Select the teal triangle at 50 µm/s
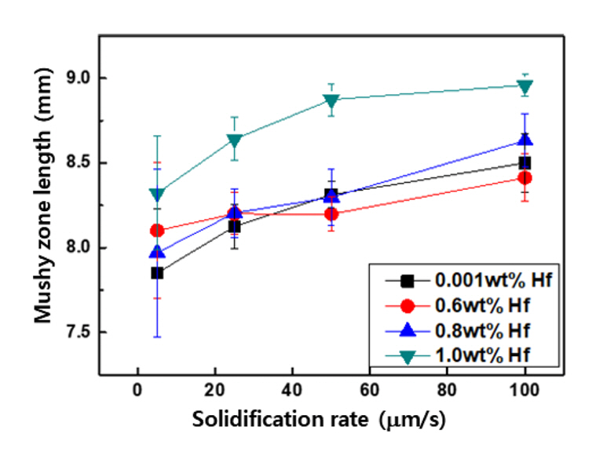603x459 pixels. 331,100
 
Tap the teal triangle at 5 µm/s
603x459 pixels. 157,193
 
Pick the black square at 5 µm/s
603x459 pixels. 157,273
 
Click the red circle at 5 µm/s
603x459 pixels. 157,231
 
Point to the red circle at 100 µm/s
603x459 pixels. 525,178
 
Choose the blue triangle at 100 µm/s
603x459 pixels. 525,140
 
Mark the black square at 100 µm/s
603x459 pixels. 525,162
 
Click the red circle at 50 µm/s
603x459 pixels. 331,213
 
